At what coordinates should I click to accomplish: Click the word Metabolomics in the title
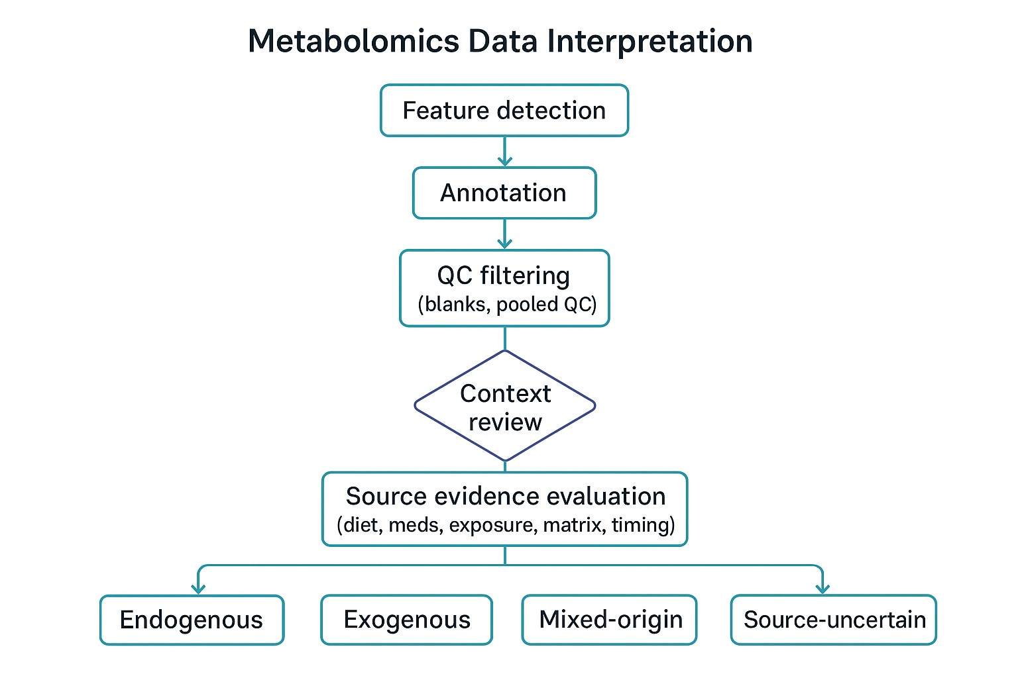pos(353,41)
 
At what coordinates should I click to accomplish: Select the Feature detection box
pos(504,111)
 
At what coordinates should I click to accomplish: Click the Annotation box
pos(504,193)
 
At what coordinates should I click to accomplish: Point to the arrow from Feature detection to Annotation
pos(505,152)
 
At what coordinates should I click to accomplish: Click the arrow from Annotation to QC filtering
pos(505,234)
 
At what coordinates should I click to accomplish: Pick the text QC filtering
pos(504,275)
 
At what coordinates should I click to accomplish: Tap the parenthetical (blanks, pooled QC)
pos(507,305)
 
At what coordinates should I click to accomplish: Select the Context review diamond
pos(505,407)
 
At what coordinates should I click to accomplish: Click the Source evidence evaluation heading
pos(505,496)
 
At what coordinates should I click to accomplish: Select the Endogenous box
pos(192,620)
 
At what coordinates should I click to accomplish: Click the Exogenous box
pos(406,620)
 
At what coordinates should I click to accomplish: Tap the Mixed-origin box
pos(610,620)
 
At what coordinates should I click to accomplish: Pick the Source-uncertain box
pos(834,620)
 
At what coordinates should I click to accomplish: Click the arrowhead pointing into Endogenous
pos(198,588)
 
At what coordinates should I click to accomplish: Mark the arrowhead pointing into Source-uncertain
pos(822,588)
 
